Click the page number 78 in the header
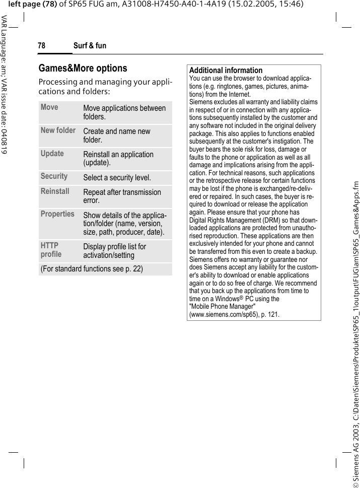[x=41, y=46]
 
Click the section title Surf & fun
[x=90, y=46]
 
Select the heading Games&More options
[x=83, y=68]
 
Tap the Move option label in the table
[x=49, y=107]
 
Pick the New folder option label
[x=58, y=130]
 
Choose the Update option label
[x=52, y=154]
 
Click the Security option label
[x=54, y=176]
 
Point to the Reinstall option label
[x=55, y=191]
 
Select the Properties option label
[x=57, y=214]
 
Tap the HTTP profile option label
[x=51, y=250]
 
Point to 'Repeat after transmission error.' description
[x=122, y=196]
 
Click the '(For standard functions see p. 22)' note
[x=92, y=269]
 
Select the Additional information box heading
[x=226, y=71]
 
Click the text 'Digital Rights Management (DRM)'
[x=236, y=220]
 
